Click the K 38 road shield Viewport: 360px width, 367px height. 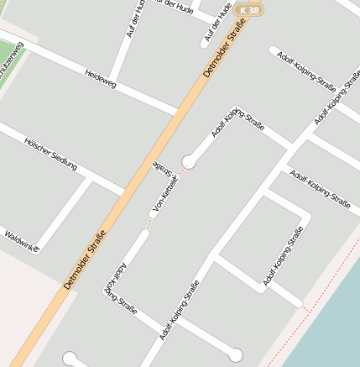coord(249,10)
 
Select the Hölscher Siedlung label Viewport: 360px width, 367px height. coord(50,154)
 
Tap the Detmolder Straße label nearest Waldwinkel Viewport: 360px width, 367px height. coord(85,260)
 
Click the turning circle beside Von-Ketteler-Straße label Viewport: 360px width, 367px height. coord(189,161)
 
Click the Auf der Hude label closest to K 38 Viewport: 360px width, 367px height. coord(217,24)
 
